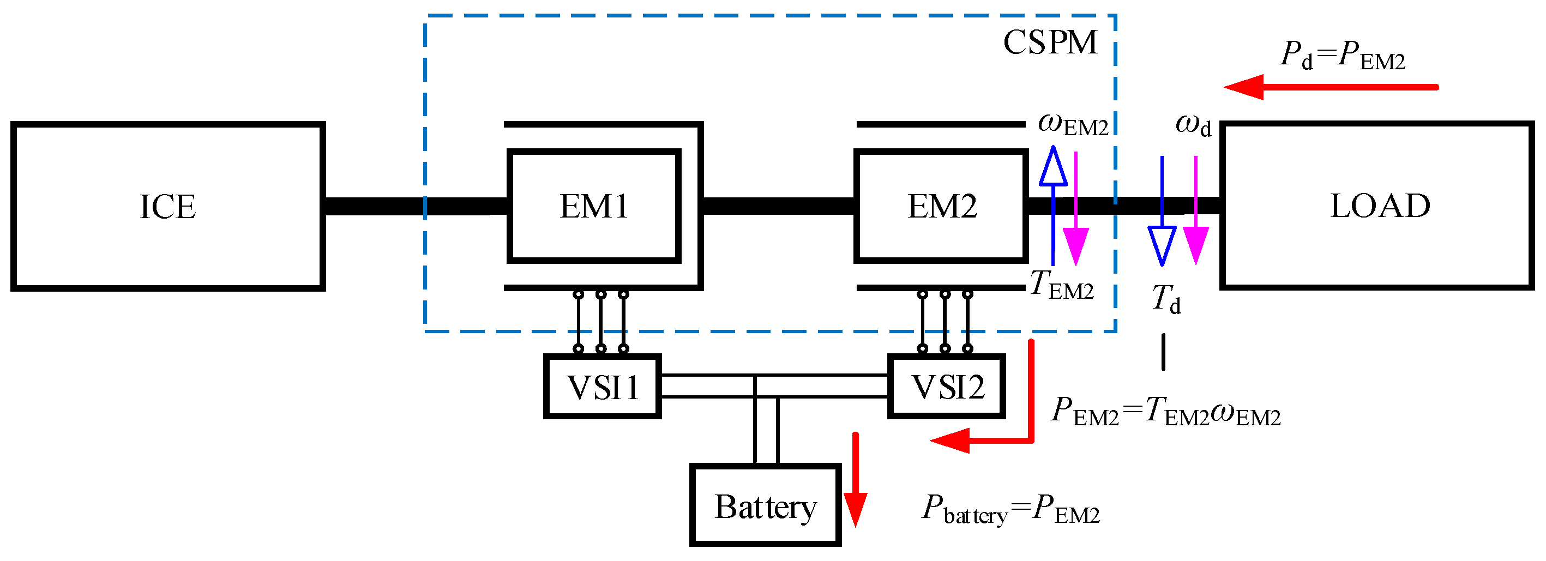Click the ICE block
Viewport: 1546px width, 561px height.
pyautogui.click(x=168, y=207)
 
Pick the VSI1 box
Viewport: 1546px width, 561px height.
pyautogui.click(x=603, y=387)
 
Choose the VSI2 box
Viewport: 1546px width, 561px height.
pyautogui.click(x=947, y=387)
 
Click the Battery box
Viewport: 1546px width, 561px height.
pyautogui.click(x=765, y=505)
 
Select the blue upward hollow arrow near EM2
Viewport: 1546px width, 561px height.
pyautogui.click(x=1053, y=204)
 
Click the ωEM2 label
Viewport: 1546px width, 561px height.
pyautogui.click(x=1073, y=125)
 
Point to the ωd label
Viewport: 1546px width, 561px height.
pyautogui.click(x=1193, y=125)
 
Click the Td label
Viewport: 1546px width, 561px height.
pyautogui.click(x=1165, y=298)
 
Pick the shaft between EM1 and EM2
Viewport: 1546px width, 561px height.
pyautogui.click(x=778, y=206)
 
